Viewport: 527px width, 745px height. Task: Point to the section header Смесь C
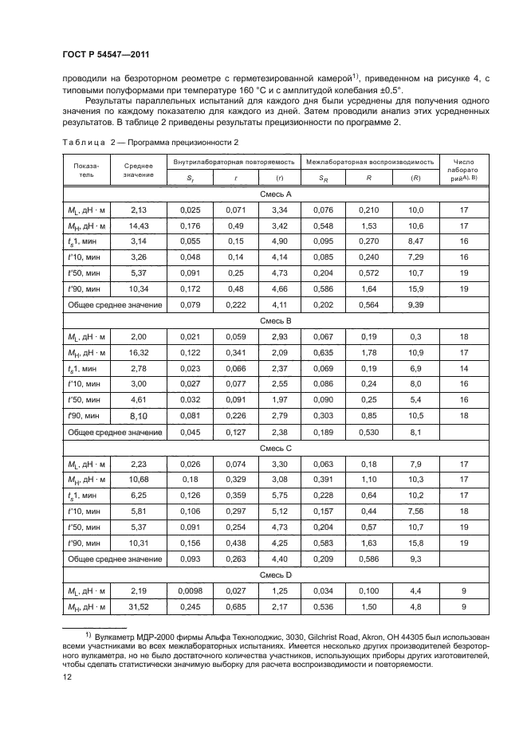(276, 448)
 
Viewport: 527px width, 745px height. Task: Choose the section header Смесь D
(276, 573)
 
